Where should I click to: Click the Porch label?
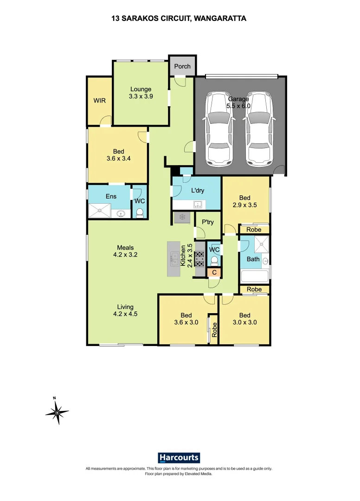point(182,66)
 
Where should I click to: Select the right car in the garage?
point(258,128)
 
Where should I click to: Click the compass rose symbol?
point(57,411)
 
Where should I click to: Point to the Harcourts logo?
point(179,458)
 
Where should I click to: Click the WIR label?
point(99,101)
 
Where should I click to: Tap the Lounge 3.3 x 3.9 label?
point(141,93)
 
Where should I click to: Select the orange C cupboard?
point(214,272)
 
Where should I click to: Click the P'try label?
point(207,222)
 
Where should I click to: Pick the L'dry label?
point(198,190)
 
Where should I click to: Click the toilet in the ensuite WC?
point(140,212)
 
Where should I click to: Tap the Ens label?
point(111,196)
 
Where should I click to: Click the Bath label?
point(253,259)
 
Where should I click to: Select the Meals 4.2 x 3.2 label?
point(126,251)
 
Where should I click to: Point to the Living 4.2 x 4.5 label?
point(125,310)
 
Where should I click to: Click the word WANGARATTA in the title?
point(220,19)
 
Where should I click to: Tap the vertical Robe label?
point(214,329)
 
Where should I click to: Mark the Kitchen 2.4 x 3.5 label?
point(186,255)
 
